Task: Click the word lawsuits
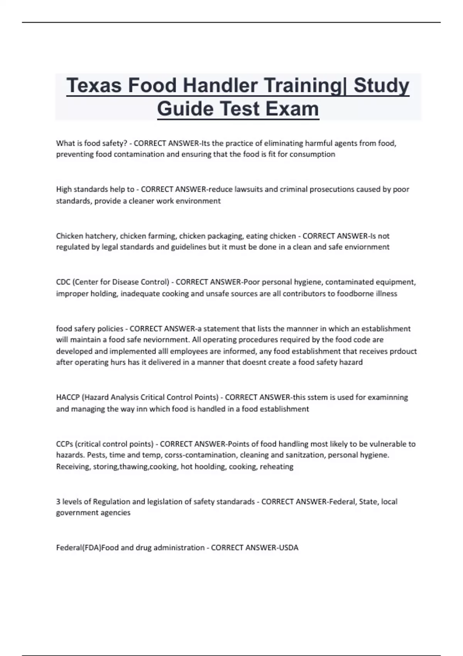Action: tap(250, 189)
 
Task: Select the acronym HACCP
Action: tap(68, 397)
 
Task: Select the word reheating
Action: tap(276, 467)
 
